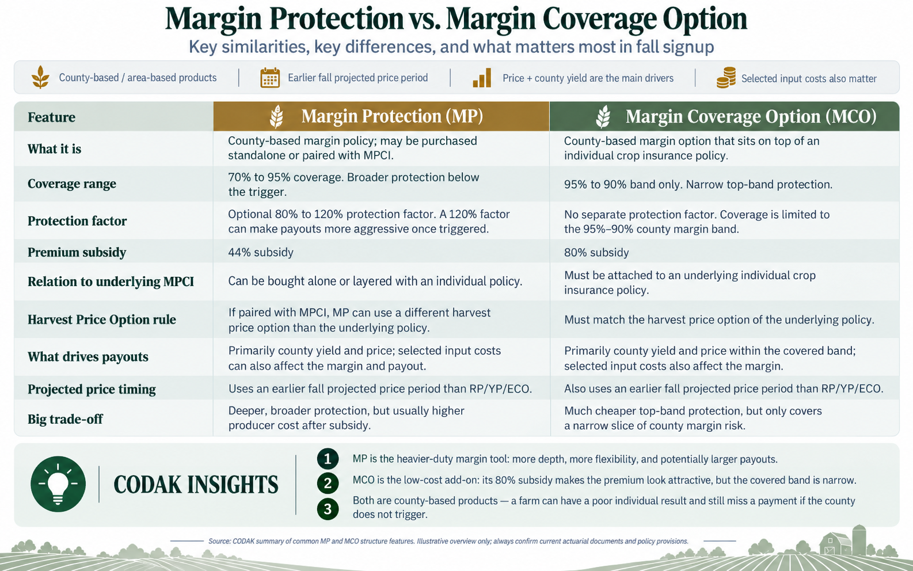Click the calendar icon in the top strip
(x=270, y=78)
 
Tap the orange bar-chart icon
(x=482, y=78)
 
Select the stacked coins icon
(x=726, y=78)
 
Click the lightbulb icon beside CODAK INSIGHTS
(x=58, y=484)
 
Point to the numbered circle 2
(x=328, y=484)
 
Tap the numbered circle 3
(x=328, y=509)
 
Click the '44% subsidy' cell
(x=261, y=252)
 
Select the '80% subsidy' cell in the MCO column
(x=596, y=252)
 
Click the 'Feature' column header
(x=51, y=117)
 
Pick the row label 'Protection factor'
(x=77, y=221)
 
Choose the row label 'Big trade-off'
(x=65, y=419)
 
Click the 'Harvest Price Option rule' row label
(x=102, y=319)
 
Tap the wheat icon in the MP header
(x=277, y=117)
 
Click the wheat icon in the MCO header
(x=603, y=117)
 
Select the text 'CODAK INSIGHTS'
(x=196, y=485)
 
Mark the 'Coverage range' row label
(x=72, y=184)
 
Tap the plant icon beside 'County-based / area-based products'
(x=40, y=77)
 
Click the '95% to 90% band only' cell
(x=698, y=184)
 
